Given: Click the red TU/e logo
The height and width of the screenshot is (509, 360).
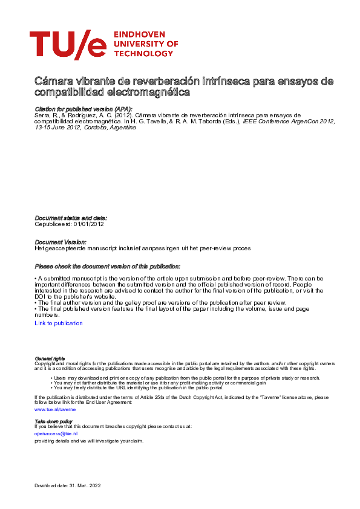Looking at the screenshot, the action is [x=68, y=45].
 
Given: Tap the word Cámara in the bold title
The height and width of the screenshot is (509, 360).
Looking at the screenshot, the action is [x=51, y=81].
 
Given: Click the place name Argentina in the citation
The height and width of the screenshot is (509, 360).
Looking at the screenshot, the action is [x=123, y=127].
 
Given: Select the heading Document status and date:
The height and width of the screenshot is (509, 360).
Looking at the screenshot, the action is [x=71, y=218].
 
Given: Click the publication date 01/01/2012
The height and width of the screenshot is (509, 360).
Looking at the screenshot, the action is [x=88, y=224].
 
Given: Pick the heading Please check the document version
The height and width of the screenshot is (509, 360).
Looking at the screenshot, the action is [x=107, y=266].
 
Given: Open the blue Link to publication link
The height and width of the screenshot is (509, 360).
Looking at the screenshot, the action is [x=59, y=323].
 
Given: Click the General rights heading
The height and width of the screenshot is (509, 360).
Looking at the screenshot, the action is [x=50, y=358].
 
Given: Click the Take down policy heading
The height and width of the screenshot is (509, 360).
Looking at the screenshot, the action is [x=53, y=421].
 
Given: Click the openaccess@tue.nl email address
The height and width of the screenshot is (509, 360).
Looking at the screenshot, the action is [x=56, y=433].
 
